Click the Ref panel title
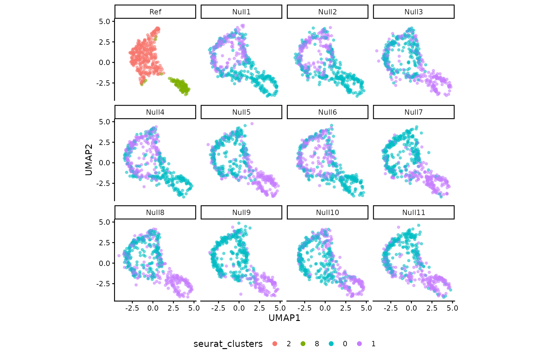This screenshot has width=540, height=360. (x=155, y=12)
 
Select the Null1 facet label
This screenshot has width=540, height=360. (x=241, y=12)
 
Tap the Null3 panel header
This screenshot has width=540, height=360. (x=413, y=12)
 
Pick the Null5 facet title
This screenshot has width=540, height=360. (x=241, y=112)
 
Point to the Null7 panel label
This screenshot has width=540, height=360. (x=413, y=112)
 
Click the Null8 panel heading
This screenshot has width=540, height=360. (x=155, y=212)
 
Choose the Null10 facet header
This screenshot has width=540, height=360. (x=327, y=212)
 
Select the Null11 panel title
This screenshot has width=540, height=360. (x=413, y=212)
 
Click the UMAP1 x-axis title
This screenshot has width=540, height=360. (x=284, y=318)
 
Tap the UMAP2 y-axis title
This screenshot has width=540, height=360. (x=89, y=159)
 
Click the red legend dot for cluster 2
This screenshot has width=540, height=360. (x=275, y=344)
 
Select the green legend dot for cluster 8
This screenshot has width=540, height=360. (x=303, y=344)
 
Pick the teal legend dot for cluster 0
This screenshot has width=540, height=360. (x=331, y=344)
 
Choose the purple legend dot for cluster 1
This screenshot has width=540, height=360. (x=359, y=344)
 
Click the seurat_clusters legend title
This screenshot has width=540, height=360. (x=228, y=344)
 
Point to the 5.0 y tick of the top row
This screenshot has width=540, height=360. (x=104, y=22)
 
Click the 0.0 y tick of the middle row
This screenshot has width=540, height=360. (x=104, y=163)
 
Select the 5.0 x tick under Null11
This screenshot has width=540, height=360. (x=452, y=308)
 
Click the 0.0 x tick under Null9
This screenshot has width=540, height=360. (x=239, y=308)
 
